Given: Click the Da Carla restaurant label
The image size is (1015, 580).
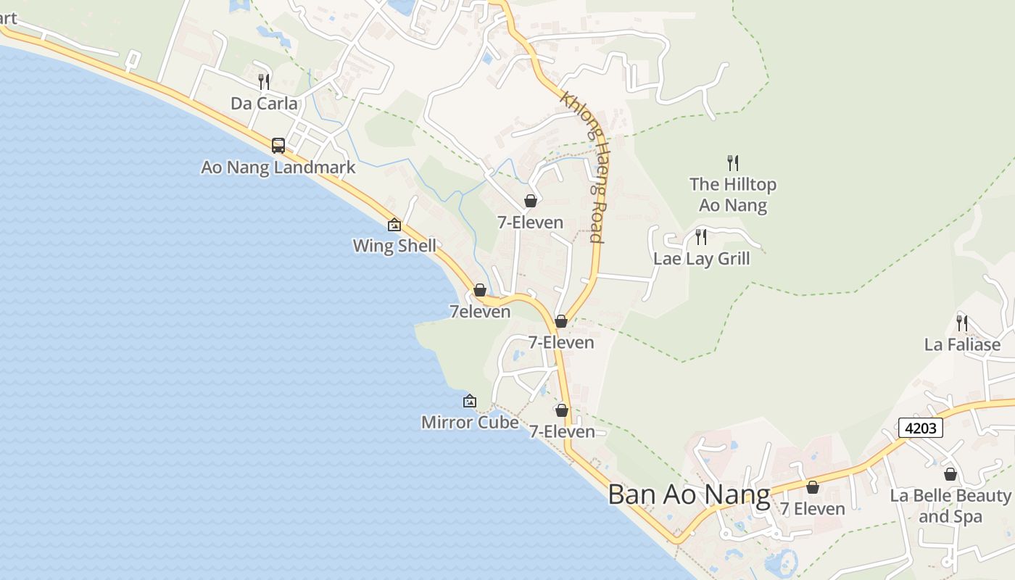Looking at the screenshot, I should (x=264, y=104).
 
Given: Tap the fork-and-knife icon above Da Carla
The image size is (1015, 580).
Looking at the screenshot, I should (x=264, y=81).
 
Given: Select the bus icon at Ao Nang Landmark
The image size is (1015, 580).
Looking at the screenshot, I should (x=278, y=146).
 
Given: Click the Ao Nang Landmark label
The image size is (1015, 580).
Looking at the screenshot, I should (x=278, y=167).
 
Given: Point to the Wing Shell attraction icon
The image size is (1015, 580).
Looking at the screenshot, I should (x=394, y=225).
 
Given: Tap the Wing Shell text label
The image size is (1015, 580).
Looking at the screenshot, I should (x=394, y=246).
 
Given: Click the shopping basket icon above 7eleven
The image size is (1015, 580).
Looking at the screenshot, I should (x=480, y=290).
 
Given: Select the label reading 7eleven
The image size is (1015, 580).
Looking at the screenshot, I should (x=480, y=312).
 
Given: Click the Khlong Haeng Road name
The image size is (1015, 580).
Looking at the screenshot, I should (x=584, y=167).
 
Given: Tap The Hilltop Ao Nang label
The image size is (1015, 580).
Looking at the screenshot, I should (x=733, y=194).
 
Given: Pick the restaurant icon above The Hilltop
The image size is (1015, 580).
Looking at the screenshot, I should (x=733, y=162).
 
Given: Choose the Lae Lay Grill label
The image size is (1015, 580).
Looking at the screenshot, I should (x=701, y=259).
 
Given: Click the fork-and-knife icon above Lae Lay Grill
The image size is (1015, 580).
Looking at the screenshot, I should (x=701, y=236).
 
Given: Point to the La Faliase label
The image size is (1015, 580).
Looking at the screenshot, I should (x=962, y=344).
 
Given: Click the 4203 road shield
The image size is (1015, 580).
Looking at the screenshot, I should (x=921, y=428).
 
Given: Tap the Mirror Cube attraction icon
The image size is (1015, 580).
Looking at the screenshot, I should (x=470, y=400).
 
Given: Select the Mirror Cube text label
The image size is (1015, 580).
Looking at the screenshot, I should (x=470, y=422).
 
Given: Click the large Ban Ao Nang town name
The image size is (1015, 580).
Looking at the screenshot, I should (x=689, y=494).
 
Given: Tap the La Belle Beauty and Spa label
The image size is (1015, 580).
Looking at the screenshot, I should (x=950, y=506).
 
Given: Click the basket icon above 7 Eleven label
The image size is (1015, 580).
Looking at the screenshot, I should (x=813, y=487).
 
